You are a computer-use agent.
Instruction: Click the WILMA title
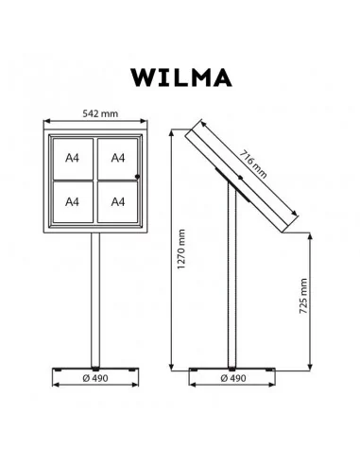181,77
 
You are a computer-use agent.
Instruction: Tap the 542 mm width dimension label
100,113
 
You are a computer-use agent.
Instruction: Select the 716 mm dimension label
253,164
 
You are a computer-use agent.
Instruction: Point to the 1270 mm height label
181,249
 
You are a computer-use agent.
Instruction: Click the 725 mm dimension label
303,296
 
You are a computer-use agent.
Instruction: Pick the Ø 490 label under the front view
95,378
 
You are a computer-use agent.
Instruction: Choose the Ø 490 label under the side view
233,378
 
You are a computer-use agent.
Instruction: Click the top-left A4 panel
73,159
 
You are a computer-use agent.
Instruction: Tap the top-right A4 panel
117,159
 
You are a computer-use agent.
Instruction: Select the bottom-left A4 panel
73,202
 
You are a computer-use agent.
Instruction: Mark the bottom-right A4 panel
117,202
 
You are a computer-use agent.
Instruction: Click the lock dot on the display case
137,177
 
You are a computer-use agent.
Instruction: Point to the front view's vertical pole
95,300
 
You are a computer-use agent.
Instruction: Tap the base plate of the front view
95,369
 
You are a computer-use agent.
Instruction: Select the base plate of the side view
232,370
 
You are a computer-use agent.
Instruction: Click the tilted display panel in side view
241,177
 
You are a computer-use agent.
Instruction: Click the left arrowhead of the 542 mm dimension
46,121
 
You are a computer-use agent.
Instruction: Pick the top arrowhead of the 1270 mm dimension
171,132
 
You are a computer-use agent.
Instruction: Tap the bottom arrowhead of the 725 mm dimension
311,368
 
